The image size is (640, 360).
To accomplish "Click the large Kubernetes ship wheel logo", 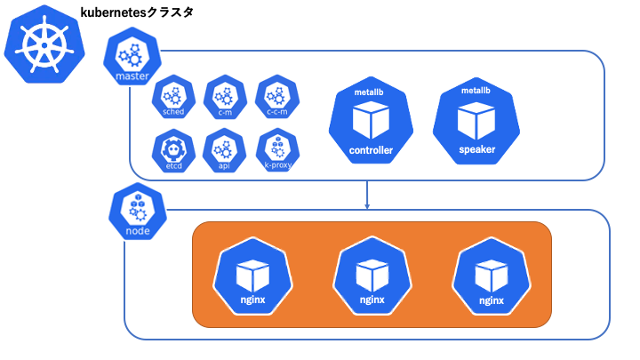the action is (44, 44).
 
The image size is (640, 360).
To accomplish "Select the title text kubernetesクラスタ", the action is (137, 12).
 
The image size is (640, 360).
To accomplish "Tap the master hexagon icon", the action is (132, 56).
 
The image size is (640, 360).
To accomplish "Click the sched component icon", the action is (173, 97).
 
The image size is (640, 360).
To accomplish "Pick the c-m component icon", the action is (225, 97).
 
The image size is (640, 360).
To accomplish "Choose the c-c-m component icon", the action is (277, 97).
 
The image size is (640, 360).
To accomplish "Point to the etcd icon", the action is (173, 150).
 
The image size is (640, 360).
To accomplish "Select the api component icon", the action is (224, 150).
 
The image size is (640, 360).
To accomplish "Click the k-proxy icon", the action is (277, 150).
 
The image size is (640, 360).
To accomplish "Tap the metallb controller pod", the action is (371, 120).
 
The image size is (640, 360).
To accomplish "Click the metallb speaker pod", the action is (476, 121).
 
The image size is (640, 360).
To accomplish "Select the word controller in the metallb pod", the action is (371, 150).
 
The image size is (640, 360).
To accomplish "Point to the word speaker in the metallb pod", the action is (476, 149).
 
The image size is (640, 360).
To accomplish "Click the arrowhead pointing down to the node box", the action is (367, 206).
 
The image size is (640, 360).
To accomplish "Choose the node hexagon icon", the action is (138, 211).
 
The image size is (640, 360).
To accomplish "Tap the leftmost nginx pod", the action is (252, 276).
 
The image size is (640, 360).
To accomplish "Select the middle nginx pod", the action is (372, 276).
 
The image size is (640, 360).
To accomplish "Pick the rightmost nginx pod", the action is (492, 276).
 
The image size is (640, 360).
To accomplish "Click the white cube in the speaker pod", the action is (476, 121).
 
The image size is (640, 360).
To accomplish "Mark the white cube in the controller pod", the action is (371, 120).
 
